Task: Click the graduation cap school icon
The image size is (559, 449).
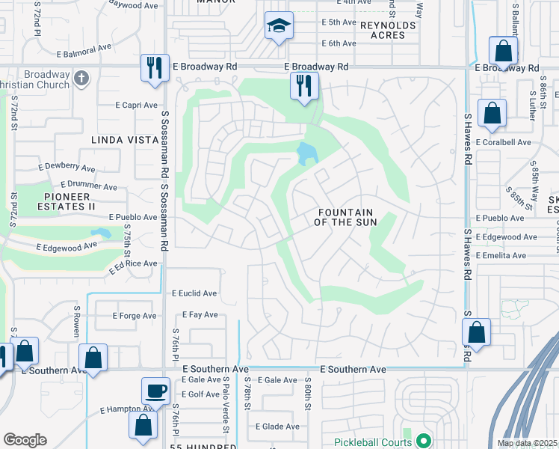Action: coord(279,27)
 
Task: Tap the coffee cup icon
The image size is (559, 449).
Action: coord(156,391)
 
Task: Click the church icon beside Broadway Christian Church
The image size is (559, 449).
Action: coord(81,76)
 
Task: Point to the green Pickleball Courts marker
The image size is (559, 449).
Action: coord(424,441)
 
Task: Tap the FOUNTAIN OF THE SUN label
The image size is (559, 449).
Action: coord(345,217)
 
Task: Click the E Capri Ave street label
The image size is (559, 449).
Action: coord(137,106)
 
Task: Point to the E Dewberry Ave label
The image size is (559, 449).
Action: coord(68,169)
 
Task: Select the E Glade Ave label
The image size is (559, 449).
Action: coord(277,427)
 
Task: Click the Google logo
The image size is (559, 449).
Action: coord(25,439)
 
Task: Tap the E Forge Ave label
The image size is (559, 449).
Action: coord(135,316)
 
